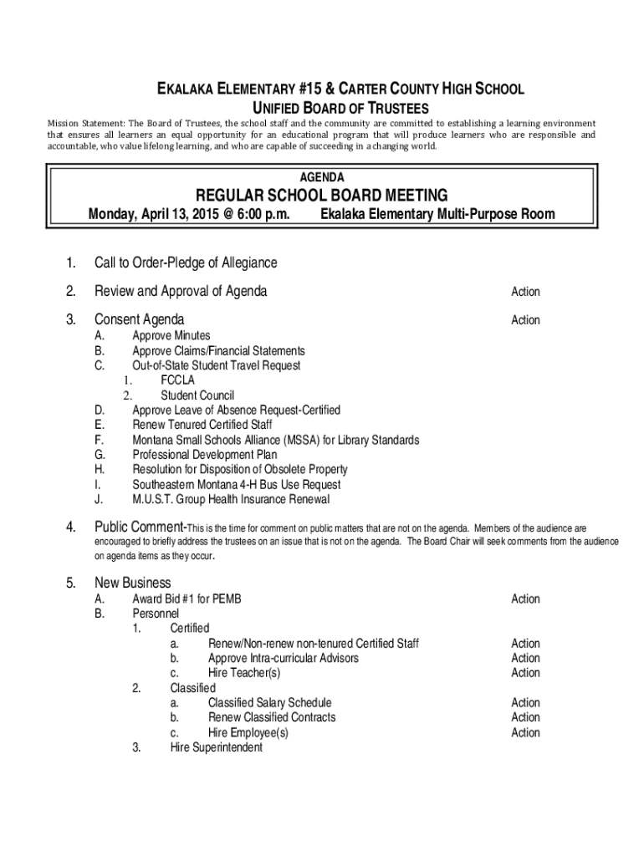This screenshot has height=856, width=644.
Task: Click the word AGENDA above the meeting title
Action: click(322, 177)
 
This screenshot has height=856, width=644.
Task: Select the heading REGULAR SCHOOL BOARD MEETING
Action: click(322, 196)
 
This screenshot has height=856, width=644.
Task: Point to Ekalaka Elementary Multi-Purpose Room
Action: click(437, 215)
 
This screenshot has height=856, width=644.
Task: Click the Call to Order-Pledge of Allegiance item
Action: click(186, 263)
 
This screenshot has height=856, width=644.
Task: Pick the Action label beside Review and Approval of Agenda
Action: click(525, 292)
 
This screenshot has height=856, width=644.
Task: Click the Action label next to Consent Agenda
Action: click(525, 320)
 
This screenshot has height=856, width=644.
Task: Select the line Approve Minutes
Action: click(171, 336)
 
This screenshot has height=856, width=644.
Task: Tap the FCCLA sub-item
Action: click(178, 380)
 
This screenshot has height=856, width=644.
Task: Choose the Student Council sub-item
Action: click(197, 395)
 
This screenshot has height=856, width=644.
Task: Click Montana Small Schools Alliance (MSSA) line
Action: click(276, 440)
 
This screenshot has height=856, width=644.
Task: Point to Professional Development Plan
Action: click(205, 455)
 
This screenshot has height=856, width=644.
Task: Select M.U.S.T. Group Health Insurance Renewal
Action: click(231, 500)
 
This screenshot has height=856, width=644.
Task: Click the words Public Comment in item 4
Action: click(139, 527)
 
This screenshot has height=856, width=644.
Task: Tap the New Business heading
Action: click(133, 583)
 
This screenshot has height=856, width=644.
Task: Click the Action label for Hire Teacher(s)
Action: click(525, 673)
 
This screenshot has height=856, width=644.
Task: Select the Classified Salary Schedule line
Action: click(269, 703)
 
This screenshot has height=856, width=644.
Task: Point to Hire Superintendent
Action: click(216, 747)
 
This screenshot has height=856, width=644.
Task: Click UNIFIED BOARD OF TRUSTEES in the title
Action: click(340, 109)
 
